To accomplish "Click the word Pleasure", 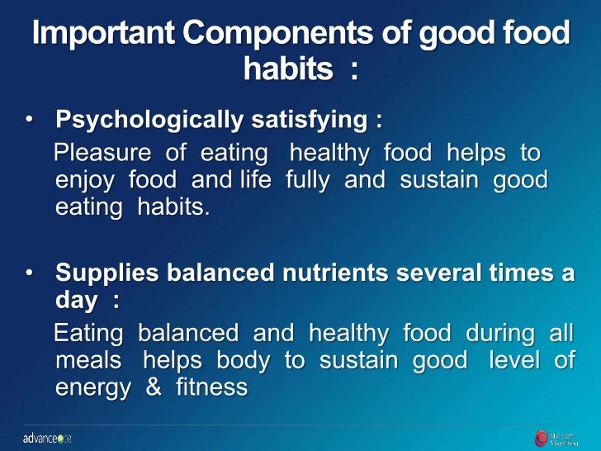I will pyautogui.click(x=102, y=153).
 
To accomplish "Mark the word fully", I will pyautogui.click(x=307, y=180).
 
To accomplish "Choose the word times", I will pyautogui.click(x=522, y=273).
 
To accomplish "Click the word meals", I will pyautogui.click(x=88, y=361).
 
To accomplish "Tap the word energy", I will pyautogui.click(x=92, y=388).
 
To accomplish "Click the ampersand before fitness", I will pyautogui.click(x=154, y=388).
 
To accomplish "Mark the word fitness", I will pyautogui.click(x=212, y=388).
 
